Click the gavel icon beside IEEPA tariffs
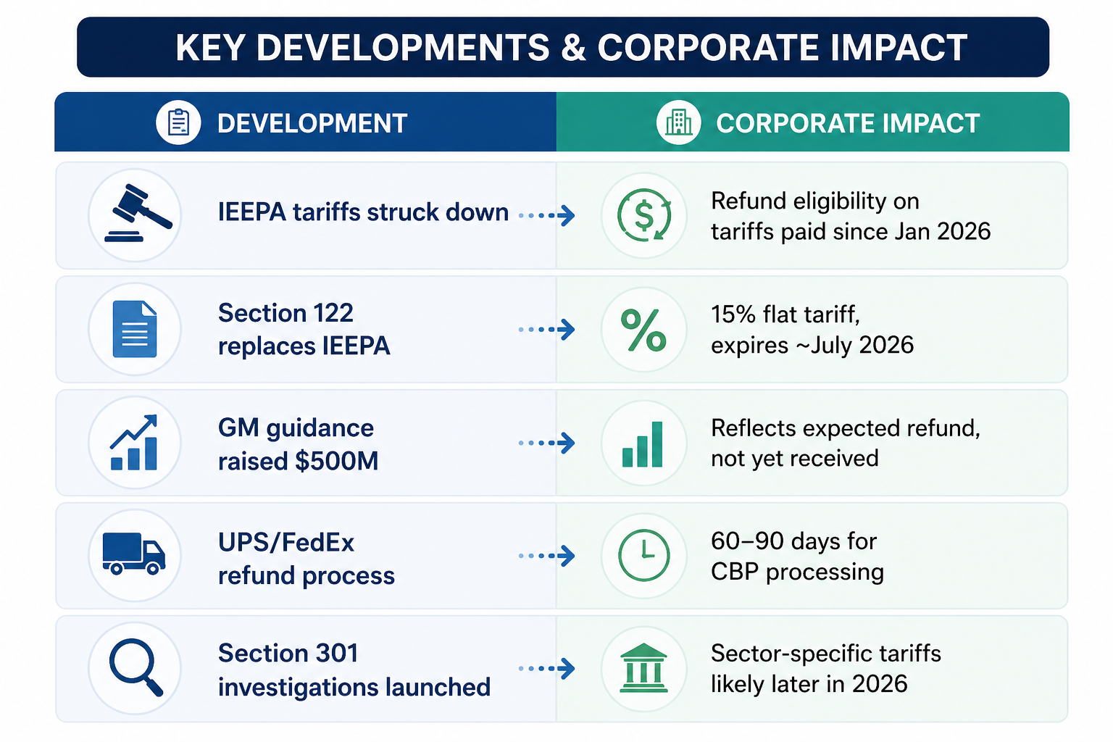[138, 213]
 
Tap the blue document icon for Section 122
[135, 329]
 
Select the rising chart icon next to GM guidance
[133, 442]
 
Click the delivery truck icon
[133, 554]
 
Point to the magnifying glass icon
[136, 667]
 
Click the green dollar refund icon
[644, 215]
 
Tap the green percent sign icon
[643, 330]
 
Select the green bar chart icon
[643, 443]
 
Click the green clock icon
[644, 555]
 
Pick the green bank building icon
[643, 667]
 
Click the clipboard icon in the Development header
[178, 122]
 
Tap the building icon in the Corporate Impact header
[679, 122]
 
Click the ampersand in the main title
[573, 49]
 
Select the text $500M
[336, 461]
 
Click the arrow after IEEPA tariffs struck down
[546, 216]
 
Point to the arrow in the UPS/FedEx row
[546, 556]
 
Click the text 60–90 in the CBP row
[744, 541]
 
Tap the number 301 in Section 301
[337, 653]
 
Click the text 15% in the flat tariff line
[733, 314]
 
